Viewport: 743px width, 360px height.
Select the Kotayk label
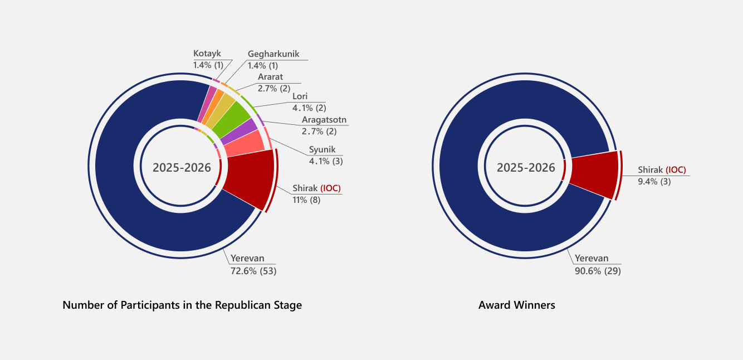207,53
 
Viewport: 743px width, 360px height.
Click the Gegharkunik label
273,54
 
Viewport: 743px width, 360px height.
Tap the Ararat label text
270,77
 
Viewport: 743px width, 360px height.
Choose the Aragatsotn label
324,120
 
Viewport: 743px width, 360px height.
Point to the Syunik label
322,150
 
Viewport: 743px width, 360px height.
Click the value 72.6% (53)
253,271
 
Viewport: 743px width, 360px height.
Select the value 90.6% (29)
598,271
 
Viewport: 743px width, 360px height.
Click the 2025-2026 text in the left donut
182,168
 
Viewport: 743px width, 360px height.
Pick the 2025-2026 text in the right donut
526,168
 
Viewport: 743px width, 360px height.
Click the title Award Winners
516,305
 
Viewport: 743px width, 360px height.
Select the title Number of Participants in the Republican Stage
182,305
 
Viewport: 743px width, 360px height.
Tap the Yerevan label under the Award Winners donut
592,259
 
